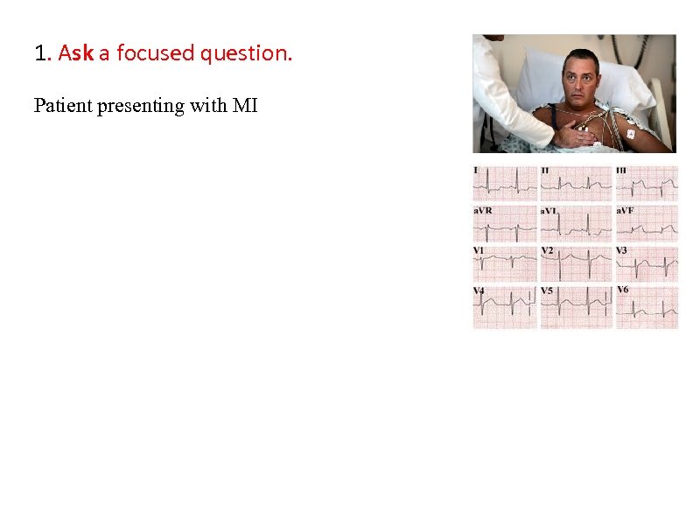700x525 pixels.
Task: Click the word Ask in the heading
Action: [x=76, y=53]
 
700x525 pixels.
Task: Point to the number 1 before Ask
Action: [x=41, y=53]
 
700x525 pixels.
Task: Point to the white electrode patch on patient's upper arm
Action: [x=630, y=135]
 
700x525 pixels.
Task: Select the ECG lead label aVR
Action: [x=482, y=211]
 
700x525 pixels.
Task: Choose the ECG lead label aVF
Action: [x=626, y=211]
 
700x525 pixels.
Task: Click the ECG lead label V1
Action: [x=479, y=250]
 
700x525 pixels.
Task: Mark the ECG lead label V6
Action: [x=623, y=289]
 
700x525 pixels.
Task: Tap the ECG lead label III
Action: [x=621, y=170]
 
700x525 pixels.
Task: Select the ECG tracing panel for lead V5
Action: [x=575, y=306]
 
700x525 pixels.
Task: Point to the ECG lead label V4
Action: [x=479, y=290]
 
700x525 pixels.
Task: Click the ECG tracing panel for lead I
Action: [x=504, y=184]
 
